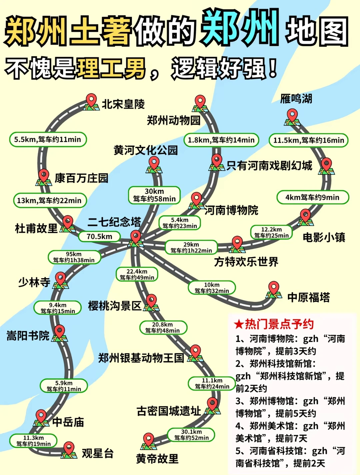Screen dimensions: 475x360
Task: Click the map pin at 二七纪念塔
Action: tap(136, 237)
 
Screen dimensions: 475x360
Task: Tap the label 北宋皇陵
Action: tap(123, 104)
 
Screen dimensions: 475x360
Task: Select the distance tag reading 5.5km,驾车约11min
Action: tap(48, 140)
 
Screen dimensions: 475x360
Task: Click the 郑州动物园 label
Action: tap(174, 120)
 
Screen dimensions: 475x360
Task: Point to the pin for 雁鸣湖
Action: tap(292, 117)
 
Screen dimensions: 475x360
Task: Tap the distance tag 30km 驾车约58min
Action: tap(154, 195)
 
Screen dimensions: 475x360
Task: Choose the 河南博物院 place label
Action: tap(231, 210)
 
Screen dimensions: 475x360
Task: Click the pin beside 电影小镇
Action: tap(305, 216)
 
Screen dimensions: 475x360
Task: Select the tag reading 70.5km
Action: tap(99, 237)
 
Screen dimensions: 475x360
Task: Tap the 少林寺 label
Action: tap(34, 282)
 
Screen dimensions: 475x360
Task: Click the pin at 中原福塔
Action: tap(274, 288)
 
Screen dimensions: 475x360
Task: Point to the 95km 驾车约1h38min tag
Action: tap(74, 257)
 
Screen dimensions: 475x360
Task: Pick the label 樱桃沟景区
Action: tap(115, 305)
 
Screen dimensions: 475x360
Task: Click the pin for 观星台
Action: tap(69, 449)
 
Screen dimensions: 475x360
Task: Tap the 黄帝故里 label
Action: tap(157, 459)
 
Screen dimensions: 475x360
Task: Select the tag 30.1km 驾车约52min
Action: tap(191, 435)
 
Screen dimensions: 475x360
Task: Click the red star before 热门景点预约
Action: tap(239, 324)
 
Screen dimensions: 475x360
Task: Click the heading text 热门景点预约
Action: tap(279, 324)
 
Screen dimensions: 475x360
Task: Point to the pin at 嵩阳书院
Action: tap(59, 332)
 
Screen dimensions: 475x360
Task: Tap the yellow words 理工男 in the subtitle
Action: tap(111, 68)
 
